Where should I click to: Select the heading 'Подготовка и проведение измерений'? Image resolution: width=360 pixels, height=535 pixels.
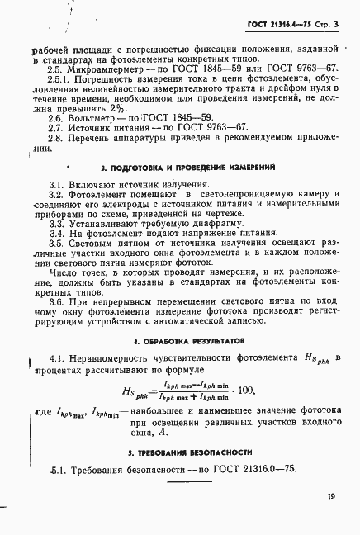coord(170,168)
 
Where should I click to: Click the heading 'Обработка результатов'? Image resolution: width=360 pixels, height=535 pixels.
coord(170,339)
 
